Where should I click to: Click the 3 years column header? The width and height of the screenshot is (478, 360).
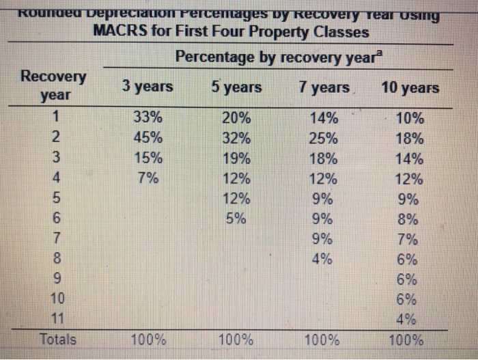point(147,87)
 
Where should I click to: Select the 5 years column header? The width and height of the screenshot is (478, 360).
point(235,87)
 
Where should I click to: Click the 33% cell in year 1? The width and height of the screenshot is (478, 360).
point(148,117)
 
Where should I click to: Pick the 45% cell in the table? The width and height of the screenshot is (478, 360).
point(148,137)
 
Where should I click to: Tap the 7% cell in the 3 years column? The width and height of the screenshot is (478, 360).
point(148,179)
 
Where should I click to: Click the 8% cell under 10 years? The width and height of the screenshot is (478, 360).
point(410,220)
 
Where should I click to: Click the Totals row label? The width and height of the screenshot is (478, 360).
point(58,339)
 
